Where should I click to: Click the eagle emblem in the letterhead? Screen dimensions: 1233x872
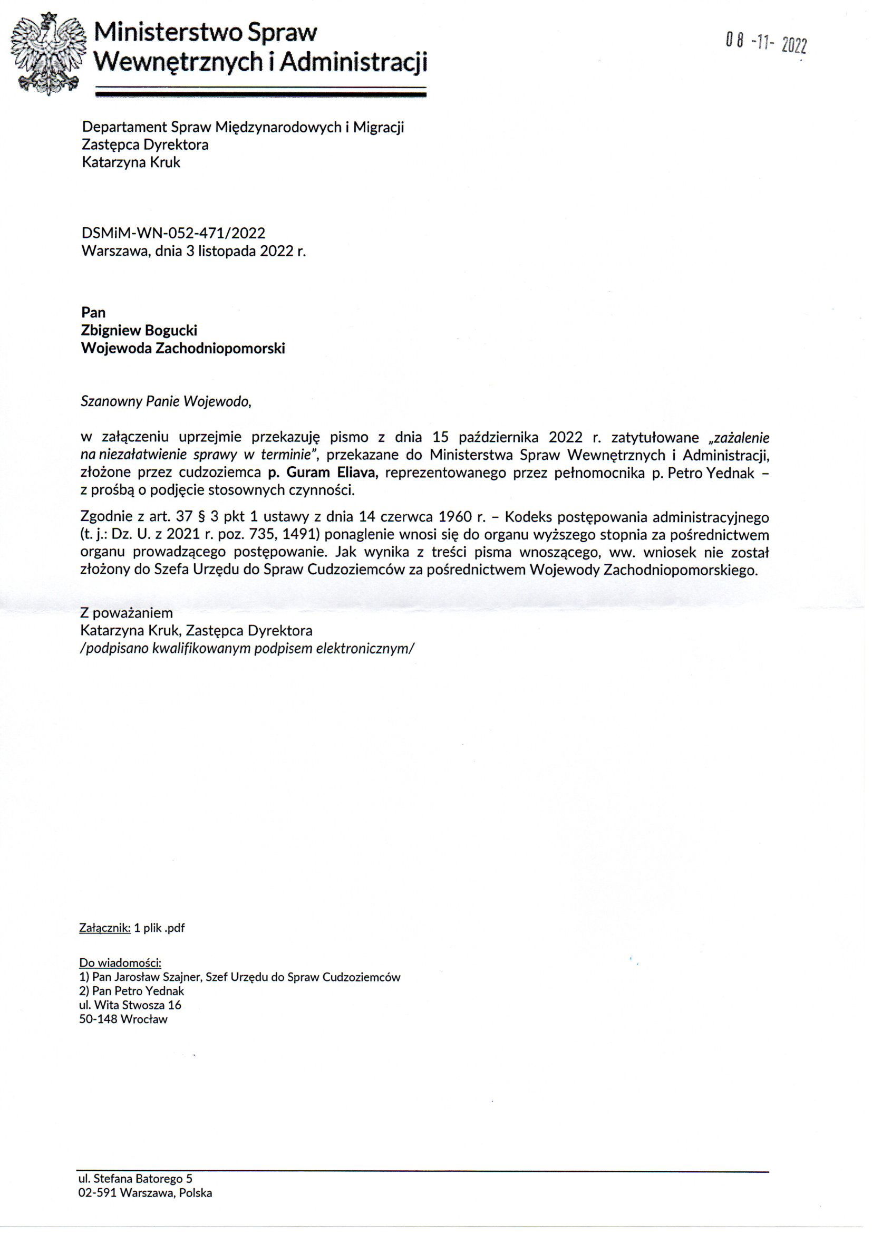(x=49, y=54)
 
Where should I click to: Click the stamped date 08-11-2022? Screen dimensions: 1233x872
(x=766, y=42)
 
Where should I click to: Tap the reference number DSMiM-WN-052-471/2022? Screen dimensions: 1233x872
(x=173, y=233)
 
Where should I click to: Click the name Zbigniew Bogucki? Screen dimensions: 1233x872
(x=139, y=330)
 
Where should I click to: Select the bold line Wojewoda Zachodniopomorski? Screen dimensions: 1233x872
(x=182, y=349)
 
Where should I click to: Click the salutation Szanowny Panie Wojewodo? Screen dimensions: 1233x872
(x=166, y=401)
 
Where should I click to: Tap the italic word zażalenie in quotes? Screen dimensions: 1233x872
(x=742, y=437)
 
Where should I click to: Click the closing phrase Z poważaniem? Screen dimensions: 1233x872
(x=126, y=613)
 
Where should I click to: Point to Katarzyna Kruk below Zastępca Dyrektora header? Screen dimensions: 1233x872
(x=131, y=162)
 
